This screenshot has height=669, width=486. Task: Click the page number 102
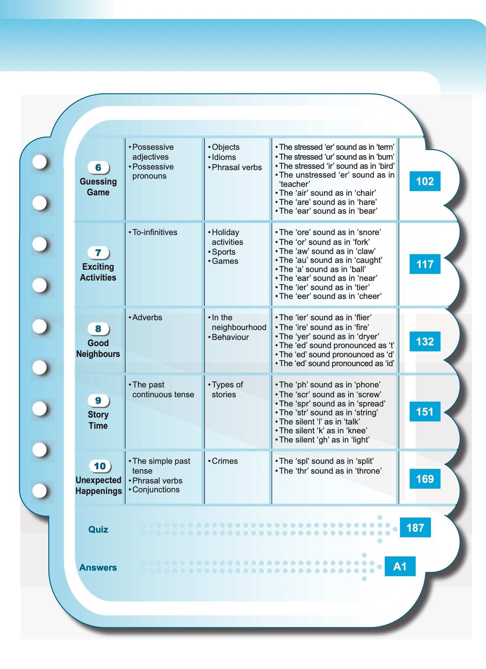tap(425, 181)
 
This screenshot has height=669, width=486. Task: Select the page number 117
tap(425, 264)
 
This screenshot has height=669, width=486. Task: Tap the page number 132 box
tap(425, 342)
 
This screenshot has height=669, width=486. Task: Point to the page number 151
tap(425, 412)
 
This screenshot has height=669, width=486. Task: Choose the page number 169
tap(425, 479)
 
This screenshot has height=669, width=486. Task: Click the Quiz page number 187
tap(415, 528)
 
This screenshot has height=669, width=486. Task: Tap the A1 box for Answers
tap(400, 566)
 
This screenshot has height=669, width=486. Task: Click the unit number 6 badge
tap(98, 167)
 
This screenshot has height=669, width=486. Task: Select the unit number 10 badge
tap(100, 466)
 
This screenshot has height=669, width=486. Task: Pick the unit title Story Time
tap(98, 420)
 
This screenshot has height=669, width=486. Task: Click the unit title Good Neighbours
tap(98, 348)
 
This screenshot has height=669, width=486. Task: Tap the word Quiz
tap(98, 529)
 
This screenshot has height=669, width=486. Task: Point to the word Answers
tap(98, 567)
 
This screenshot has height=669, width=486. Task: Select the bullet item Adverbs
tap(147, 318)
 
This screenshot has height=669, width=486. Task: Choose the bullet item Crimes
tap(224, 461)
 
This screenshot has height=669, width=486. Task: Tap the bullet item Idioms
tap(224, 157)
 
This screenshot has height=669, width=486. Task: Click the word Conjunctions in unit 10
tap(156, 490)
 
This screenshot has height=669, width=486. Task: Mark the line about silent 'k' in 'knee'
tap(323, 431)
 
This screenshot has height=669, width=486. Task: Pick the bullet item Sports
tap(224, 252)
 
